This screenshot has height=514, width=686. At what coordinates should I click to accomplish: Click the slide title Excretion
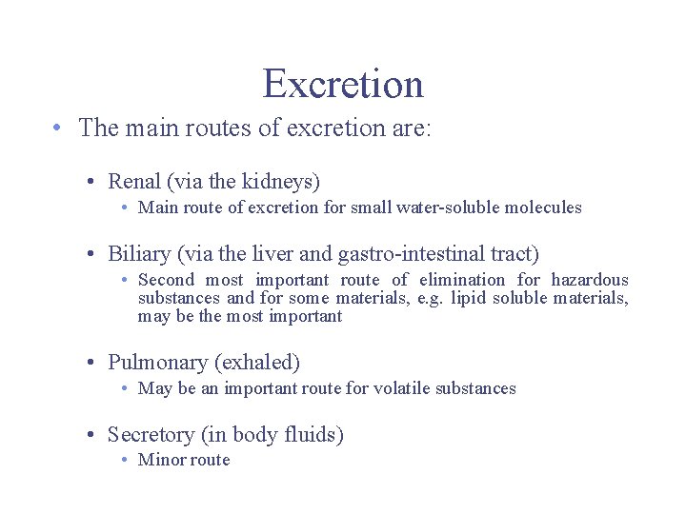pos(343,84)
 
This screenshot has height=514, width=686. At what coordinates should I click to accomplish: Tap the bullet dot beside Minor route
pos(126,460)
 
